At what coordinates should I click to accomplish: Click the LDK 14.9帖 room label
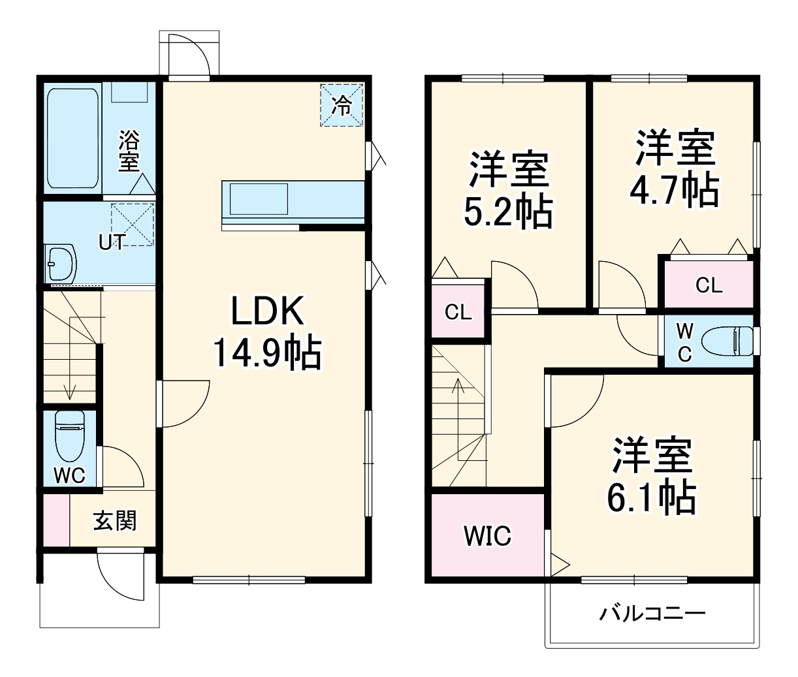coord(267,333)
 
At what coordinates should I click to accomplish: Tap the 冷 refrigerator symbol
coord(341,105)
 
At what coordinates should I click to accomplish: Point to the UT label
coord(112,242)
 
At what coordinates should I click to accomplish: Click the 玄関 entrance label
coord(115,520)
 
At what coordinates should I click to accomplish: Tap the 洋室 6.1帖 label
coord(651,477)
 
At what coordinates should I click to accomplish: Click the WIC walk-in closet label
coord(487,536)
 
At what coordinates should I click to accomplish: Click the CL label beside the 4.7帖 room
coord(709,285)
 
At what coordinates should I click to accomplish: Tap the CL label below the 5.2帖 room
coord(458,312)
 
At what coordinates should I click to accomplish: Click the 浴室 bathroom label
coord(129,151)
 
